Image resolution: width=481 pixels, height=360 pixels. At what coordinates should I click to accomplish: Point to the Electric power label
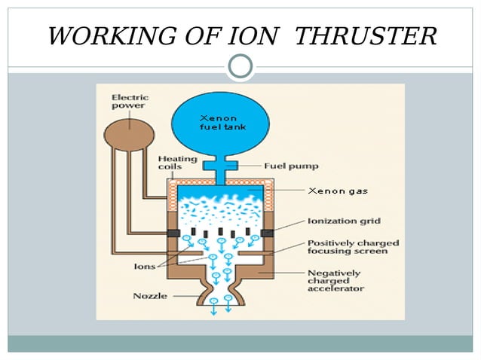click(129, 101)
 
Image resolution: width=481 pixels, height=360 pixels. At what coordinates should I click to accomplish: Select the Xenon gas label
click(338, 191)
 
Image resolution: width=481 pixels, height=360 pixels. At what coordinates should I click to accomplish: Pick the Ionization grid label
click(344, 221)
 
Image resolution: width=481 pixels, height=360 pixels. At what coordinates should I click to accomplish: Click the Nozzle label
click(150, 295)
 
